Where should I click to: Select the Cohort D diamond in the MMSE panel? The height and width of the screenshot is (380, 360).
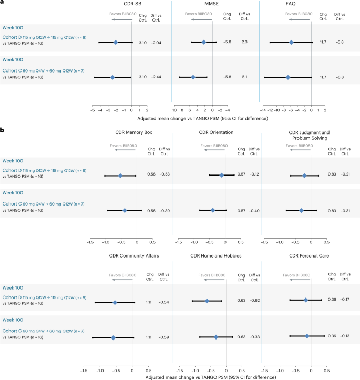tap(204, 42)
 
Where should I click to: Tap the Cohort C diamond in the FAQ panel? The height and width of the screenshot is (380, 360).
tap(288, 77)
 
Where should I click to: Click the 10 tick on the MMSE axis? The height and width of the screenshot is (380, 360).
tap(174, 111)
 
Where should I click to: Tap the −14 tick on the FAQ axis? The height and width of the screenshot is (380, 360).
tap(263, 111)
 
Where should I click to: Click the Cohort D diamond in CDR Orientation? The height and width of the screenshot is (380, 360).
tap(222, 175)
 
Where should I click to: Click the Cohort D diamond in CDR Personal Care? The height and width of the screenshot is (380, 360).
tap(306, 300)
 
